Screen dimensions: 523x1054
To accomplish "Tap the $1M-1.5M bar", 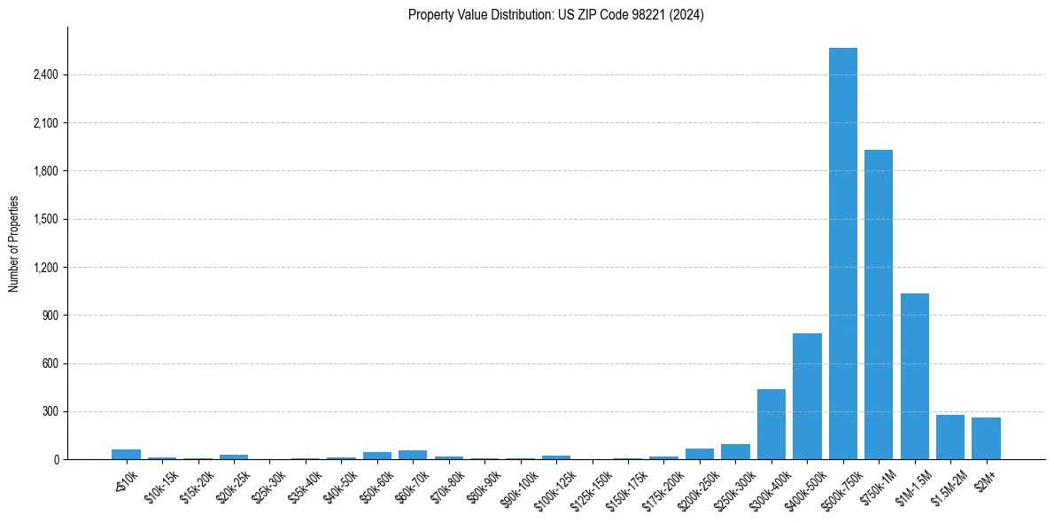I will click(914, 376).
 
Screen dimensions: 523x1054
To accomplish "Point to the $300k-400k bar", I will click(771, 424).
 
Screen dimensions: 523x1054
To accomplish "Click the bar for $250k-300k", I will click(735, 451).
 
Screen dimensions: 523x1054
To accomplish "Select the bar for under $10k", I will click(127, 454).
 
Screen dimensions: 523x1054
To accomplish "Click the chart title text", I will click(556, 15).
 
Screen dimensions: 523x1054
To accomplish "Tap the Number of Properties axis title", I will click(14, 244).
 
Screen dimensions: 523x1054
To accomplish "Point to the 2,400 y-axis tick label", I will click(45, 74).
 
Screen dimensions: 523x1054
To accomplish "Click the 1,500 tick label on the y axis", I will click(45, 219).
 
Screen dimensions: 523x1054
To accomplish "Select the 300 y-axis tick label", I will click(50, 411).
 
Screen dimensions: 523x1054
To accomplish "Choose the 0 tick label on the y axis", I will click(56, 459).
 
